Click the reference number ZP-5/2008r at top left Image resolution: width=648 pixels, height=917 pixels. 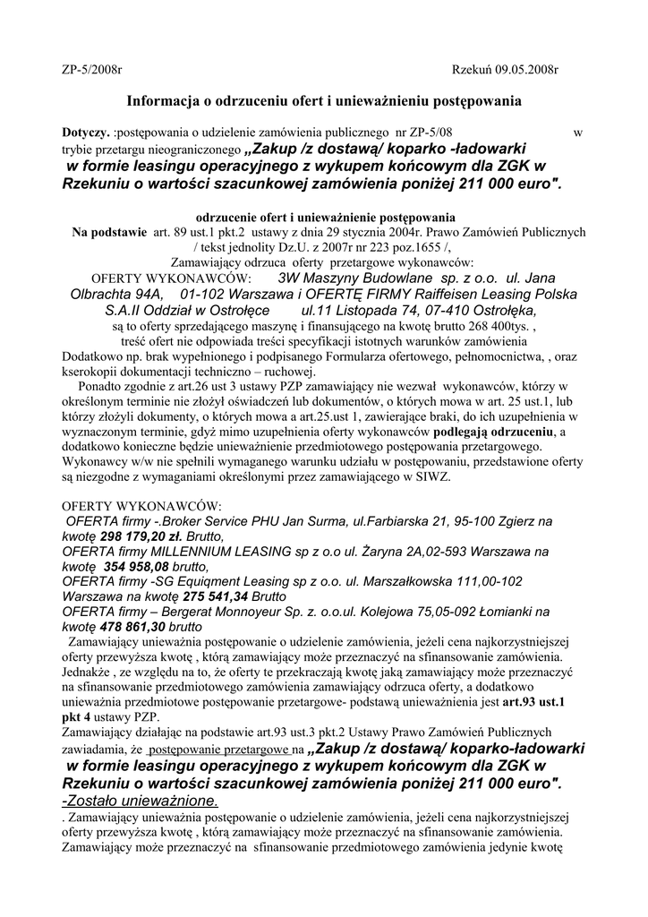click(91, 69)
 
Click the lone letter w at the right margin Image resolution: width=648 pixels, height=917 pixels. click(577, 133)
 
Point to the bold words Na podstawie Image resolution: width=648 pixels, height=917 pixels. click(109, 231)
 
